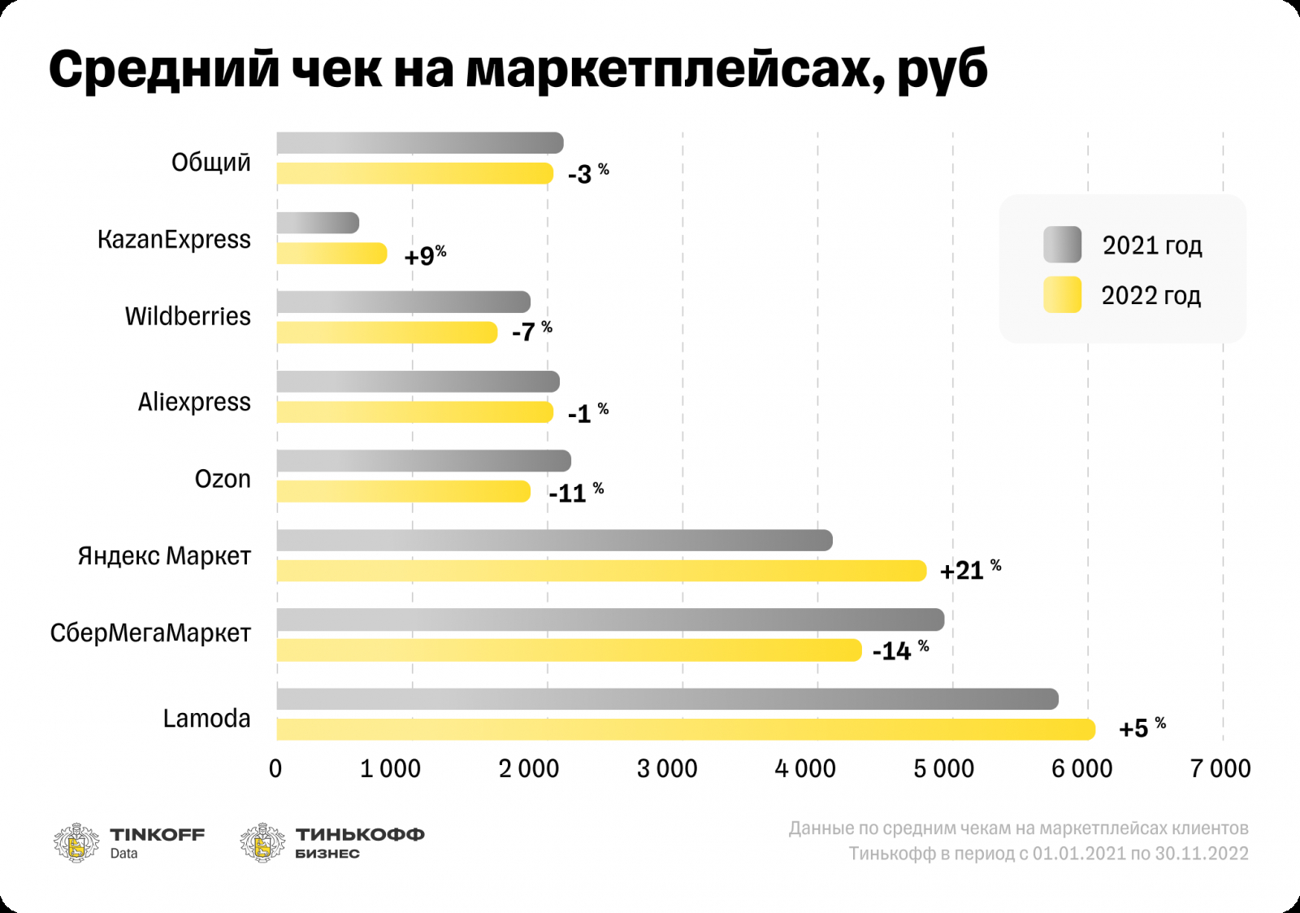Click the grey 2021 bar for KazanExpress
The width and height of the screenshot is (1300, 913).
[x=318, y=223]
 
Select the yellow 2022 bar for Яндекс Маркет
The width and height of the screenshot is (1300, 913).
[x=601, y=571]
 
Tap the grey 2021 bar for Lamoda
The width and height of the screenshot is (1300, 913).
[x=667, y=699]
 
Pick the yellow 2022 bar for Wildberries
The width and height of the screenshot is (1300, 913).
[x=387, y=332]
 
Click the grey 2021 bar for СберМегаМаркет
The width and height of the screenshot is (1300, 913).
[x=610, y=620]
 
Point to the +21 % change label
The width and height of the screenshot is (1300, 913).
[x=970, y=570]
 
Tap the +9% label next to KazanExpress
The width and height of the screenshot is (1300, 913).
[x=425, y=255]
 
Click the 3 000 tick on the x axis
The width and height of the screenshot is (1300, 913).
[x=667, y=768]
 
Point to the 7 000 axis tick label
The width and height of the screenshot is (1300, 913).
[x=1220, y=768]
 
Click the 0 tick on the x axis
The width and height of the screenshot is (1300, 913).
[x=275, y=768]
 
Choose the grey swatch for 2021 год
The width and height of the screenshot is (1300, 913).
[x=1062, y=245]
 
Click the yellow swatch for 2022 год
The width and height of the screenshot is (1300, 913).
[x=1062, y=294]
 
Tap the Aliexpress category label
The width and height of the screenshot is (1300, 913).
[x=194, y=402]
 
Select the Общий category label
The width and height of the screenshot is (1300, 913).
[x=210, y=163]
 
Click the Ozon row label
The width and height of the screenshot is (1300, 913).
[x=223, y=479]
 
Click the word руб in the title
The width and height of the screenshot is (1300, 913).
[x=942, y=70]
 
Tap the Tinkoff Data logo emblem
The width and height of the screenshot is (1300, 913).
[x=76, y=843]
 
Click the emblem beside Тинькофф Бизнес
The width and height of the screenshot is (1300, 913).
[x=262, y=843]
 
